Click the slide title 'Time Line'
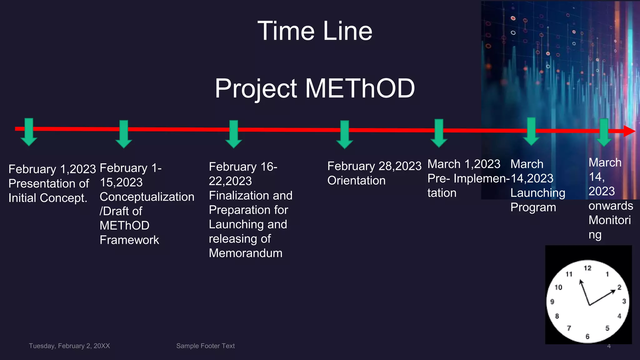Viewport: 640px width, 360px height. [x=315, y=31]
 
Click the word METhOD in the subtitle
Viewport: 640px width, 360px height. [x=360, y=88]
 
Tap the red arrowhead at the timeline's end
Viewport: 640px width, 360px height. [x=629, y=131]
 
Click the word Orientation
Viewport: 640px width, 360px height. [x=356, y=181]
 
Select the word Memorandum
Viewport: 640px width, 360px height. [x=245, y=253]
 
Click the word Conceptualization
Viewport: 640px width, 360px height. [x=147, y=197]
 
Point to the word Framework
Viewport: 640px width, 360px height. [x=129, y=240]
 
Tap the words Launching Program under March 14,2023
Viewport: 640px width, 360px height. [x=537, y=200]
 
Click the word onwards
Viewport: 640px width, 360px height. [x=611, y=206]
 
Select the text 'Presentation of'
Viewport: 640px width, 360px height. [x=49, y=183]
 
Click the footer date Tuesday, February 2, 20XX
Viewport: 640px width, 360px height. [x=69, y=346]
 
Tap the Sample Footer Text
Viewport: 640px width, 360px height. [x=205, y=346]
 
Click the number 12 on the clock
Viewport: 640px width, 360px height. [x=587, y=268]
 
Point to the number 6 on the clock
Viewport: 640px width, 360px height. [x=587, y=336]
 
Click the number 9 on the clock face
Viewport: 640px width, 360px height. [x=552, y=302]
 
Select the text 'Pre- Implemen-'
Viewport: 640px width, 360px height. [x=468, y=178]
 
